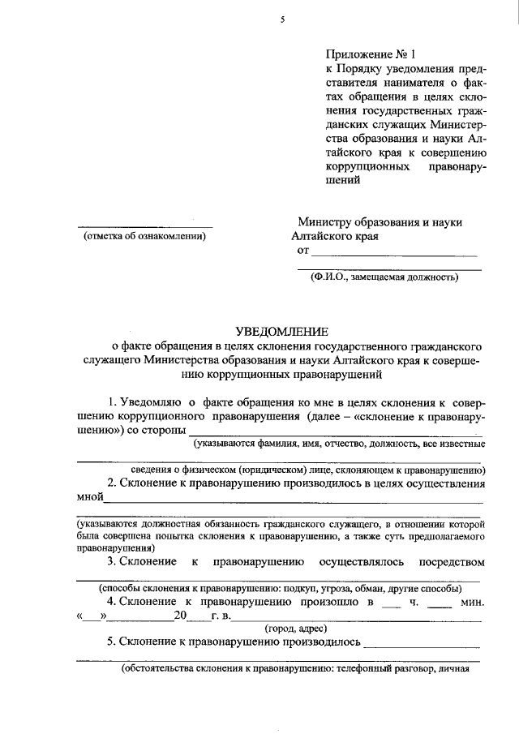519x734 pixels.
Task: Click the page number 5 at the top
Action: click(x=283, y=20)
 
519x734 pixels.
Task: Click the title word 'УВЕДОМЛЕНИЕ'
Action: click(x=282, y=331)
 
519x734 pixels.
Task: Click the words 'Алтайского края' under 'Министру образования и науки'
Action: click(x=334, y=237)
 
